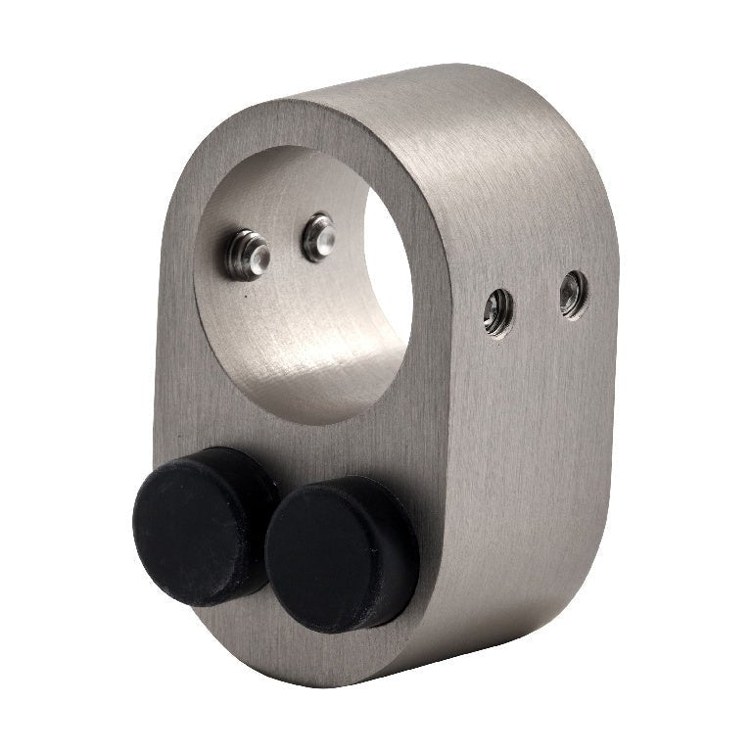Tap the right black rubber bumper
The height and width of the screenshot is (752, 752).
click(x=338, y=554)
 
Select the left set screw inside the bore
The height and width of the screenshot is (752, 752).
click(x=247, y=254)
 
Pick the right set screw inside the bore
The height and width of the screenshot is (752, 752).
click(x=318, y=237)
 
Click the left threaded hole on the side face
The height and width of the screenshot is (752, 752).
click(x=497, y=312)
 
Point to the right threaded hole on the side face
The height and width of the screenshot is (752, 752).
click(x=573, y=294)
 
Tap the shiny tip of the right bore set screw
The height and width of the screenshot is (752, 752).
click(x=324, y=235)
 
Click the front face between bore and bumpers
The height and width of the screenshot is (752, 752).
click(x=294, y=446)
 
